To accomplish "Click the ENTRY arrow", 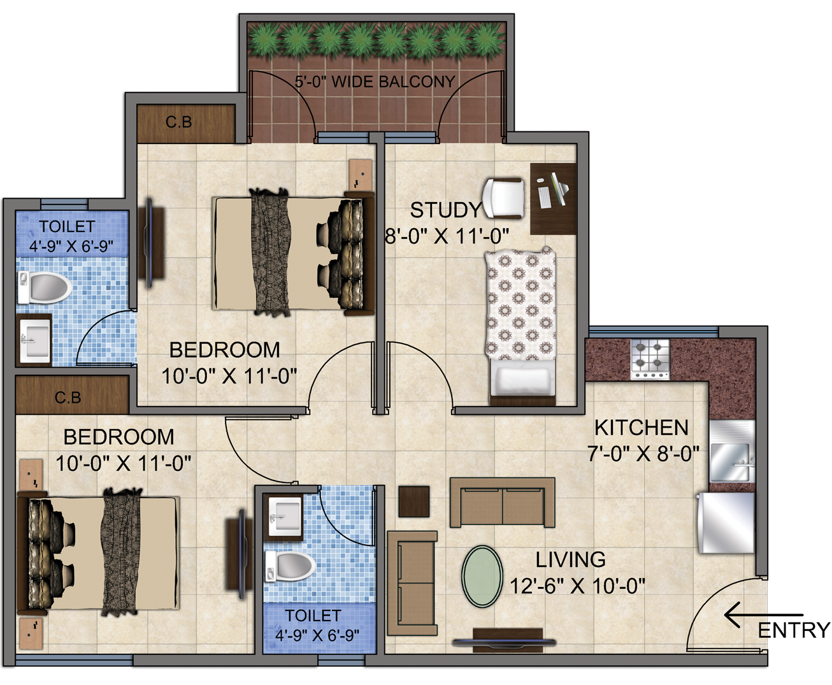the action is pyautogui.click(x=763, y=614).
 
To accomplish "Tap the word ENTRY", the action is pyautogui.click(x=794, y=630).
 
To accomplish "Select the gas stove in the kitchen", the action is pyautogui.click(x=650, y=359).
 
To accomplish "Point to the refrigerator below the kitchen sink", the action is pyautogui.click(x=726, y=522).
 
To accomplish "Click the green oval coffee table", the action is pyautogui.click(x=482, y=577).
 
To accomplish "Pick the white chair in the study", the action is pyautogui.click(x=504, y=198).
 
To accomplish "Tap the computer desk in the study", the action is pyautogui.click(x=553, y=199).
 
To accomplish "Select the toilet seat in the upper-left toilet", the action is pyautogui.click(x=45, y=287).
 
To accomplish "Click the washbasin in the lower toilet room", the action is pyautogui.click(x=283, y=516).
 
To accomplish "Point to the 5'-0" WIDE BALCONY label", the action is pyautogui.click(x=375, y=82).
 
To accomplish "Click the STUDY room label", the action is pyautogui.click(x=446, y=210).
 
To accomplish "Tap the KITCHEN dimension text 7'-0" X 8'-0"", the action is pyautogui.click(x=643, y=454).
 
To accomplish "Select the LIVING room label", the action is pyautogui.click(x=570, y=559).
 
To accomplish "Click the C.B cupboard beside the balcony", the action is pyautogui.click(x=186, y=124).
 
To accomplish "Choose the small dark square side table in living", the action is pyautogui.click(x=414, y=501).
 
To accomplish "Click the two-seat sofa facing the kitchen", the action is pyautogui.click(x=502, y=502).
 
